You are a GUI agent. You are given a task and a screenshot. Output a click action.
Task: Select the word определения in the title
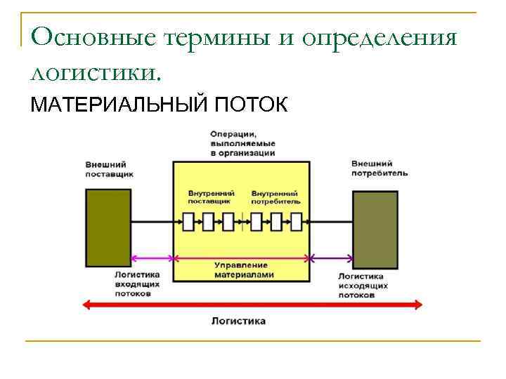[380, 36]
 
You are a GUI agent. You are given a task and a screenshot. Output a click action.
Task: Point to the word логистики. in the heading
[96, 72]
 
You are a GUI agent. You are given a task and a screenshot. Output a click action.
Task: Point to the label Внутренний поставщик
[210, 197]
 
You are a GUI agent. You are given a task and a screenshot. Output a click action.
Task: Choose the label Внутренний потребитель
[275, 197]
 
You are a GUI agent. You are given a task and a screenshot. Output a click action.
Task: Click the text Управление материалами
[241, 270]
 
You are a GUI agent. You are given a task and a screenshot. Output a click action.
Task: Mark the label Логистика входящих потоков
[137, 284]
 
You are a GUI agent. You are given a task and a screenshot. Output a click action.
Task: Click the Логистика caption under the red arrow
[238, 321]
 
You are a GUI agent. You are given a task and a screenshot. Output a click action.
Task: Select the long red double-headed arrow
[253, 305]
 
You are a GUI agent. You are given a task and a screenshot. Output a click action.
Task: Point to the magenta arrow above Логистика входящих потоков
[152, 258]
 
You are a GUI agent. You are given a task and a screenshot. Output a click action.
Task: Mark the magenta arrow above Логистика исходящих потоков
[331, 258]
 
